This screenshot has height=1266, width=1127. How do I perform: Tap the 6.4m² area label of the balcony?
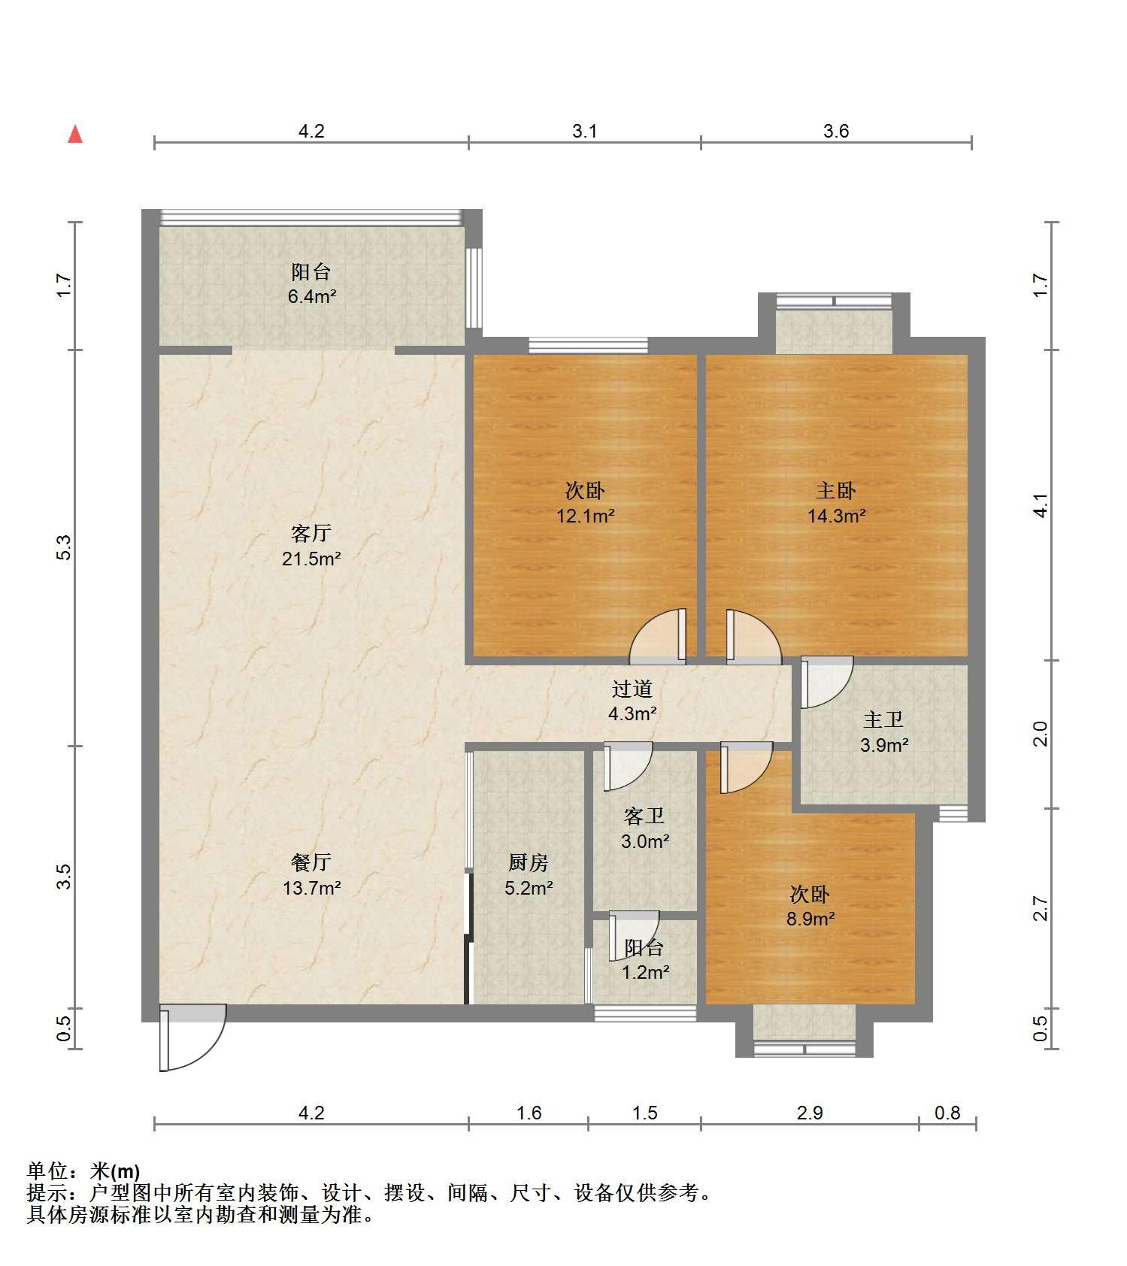pos(311,296)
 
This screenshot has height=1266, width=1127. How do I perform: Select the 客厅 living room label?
pos(311,533)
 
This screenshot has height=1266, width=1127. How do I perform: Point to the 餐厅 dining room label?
pos(311,862)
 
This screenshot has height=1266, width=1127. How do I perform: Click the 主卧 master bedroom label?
pos(836,491)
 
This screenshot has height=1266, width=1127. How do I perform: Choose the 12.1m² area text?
pos(585,516)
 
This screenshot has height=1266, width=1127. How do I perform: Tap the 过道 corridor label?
pos(632,689)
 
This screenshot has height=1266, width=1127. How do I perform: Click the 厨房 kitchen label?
pos(529,862)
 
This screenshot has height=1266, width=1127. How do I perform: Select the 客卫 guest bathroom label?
pos(644,816)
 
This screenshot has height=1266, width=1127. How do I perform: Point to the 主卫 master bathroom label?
pos(883,719)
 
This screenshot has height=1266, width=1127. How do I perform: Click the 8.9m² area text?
pos(810,919)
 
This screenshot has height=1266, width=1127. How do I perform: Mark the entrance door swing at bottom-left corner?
pos(192,1037)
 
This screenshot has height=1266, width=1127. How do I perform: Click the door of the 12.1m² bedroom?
pos(658,636)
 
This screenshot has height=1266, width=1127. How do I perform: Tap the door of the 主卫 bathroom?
pos(826,682)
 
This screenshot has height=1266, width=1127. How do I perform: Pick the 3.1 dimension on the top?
pos(585,131)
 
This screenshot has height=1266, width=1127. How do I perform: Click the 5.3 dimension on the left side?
pos(64,547)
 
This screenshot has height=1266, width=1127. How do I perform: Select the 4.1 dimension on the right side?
pos(1041,505)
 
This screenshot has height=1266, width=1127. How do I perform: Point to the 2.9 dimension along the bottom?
pos(810,1113)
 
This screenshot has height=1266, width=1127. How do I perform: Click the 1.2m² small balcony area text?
pos(645,973)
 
